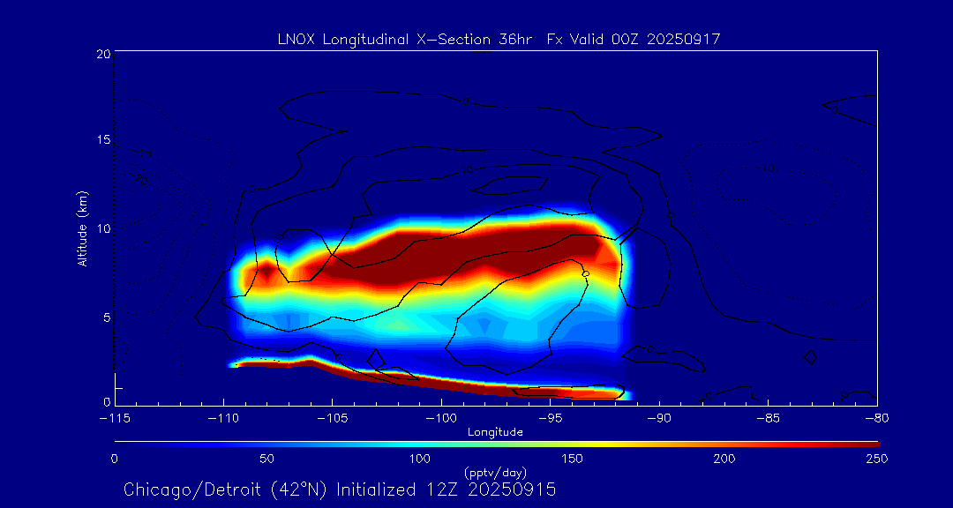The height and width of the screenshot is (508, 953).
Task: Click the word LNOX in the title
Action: coord(295,39)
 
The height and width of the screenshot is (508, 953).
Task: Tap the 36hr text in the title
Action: coord(514,39)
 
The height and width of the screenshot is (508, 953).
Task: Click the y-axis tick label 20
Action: coord(102,55)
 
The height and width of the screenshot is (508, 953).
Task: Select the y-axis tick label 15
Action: coord(102,140)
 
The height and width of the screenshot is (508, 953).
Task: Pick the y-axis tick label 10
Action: coord(102,228)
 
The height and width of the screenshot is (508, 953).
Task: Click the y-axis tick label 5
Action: coord(106,316)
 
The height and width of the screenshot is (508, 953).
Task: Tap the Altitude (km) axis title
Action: coord(82,228)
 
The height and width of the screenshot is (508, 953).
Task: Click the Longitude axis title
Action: coord(495,431)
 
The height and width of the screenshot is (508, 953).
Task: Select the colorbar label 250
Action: coord(876,459)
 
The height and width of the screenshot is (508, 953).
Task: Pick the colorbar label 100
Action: coord(419,459)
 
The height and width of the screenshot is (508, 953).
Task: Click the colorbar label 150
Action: coord(572,459)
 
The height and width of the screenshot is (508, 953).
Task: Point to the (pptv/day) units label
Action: coord(495,473)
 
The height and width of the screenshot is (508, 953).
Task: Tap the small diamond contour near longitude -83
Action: coord(810,357)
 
